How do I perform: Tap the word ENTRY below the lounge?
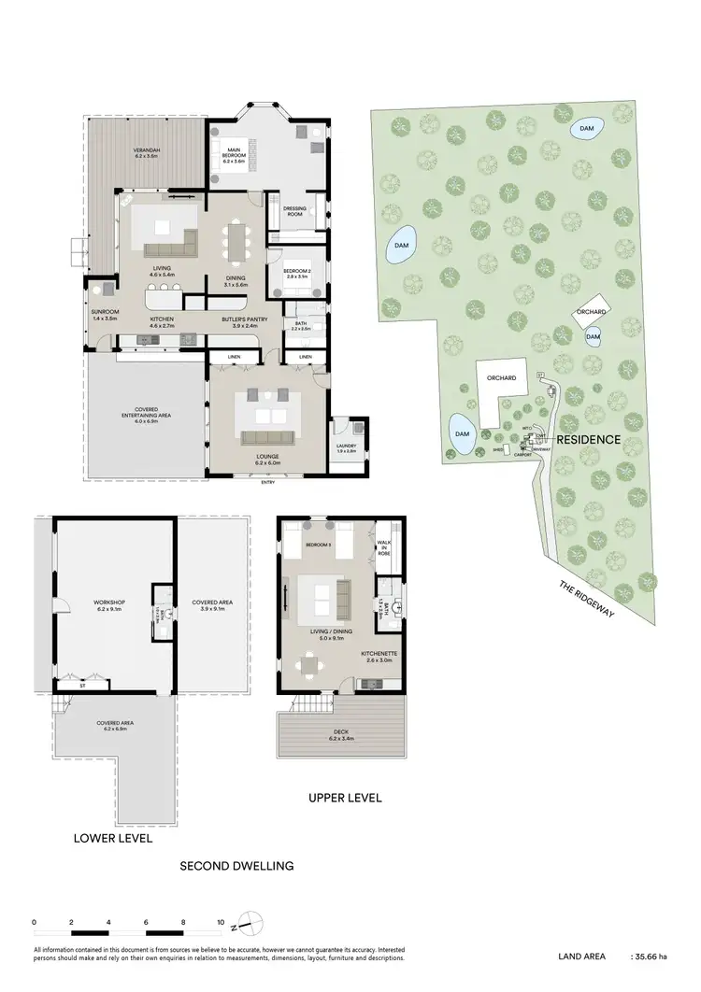268,481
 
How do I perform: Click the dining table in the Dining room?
236,242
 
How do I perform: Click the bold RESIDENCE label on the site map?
589,438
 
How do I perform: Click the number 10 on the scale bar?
221,921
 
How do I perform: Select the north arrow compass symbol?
248,923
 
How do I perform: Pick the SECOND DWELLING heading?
236,866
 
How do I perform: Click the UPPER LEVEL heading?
345,799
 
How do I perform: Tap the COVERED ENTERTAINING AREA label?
145,416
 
